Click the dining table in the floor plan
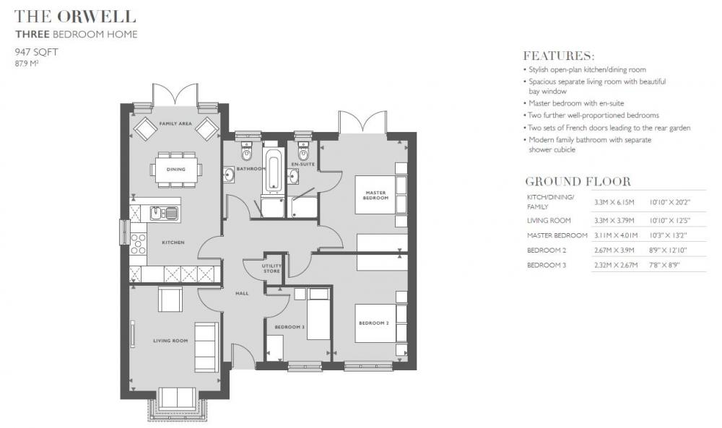coord(176,170)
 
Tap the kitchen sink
coord(165,214)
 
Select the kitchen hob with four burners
coord(138,243)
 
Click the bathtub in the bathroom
coord(273,173)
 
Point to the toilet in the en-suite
coord(303,151)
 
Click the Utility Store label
coord(271,268)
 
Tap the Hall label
coord(242,293)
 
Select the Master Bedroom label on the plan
coord(375,195)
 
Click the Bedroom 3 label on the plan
coord(290,327)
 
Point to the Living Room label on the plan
coord(170,341)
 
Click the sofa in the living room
coord(206,347)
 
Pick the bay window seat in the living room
coord(177,397)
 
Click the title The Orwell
coord(75,17)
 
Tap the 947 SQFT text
coord(36,52)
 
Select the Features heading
coord(559,56)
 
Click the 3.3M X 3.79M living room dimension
coord(614,220)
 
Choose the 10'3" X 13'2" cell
coord(668,235)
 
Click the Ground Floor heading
coord(578,181)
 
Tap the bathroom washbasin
coord(229,175)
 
